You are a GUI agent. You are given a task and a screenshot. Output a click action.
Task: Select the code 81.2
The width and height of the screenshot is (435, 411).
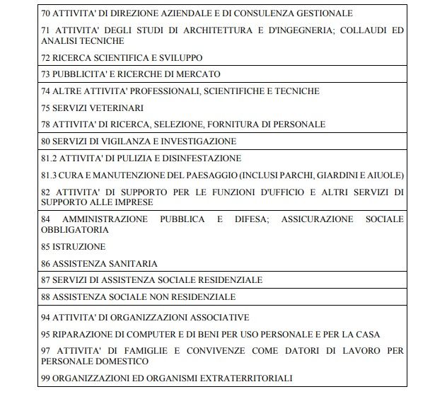point(50,158)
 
